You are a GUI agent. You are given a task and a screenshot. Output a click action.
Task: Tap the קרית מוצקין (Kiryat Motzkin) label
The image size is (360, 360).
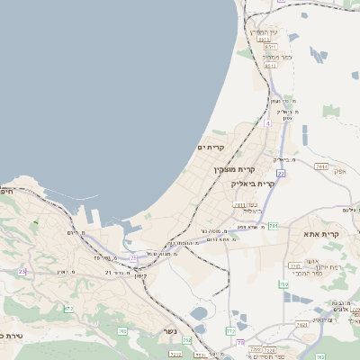(235, 169)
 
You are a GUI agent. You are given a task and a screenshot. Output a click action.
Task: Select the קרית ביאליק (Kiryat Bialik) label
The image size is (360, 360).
(252, 183)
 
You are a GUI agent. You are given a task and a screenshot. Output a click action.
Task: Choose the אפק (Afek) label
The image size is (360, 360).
(338, 170)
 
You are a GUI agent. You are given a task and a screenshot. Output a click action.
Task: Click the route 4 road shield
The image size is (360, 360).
(267, 122)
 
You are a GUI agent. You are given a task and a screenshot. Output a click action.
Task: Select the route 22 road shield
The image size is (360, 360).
(281, 173)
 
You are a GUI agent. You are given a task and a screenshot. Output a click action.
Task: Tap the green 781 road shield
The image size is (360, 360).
(238, 205)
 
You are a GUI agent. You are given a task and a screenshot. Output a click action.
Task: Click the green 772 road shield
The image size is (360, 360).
(230, 331)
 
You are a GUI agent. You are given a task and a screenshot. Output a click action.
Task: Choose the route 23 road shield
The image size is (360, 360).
(22, 271)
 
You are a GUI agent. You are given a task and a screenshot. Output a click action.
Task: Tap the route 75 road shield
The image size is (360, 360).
(134, 258)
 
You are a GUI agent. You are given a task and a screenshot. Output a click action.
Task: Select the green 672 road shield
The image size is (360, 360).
(68, 308)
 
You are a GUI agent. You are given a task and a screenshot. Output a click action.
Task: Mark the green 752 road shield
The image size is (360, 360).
(186, 340)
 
